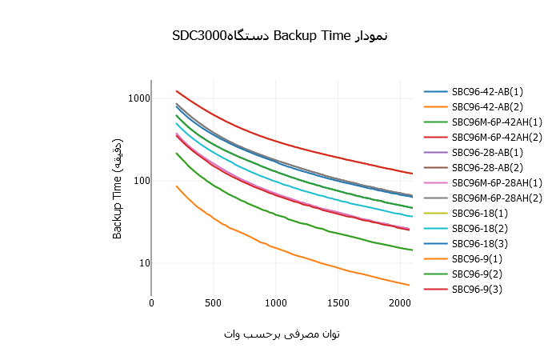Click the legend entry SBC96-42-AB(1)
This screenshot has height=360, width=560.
(x=487, y=92)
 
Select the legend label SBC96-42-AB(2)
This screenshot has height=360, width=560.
(x=487, y=106)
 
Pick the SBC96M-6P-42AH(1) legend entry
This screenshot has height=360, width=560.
(x=497, y=122)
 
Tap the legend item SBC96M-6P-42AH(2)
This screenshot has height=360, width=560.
(x=497, y=137)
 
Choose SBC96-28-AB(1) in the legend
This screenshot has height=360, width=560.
(x=487, y=153)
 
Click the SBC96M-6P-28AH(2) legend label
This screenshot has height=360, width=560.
(x=497, y=198)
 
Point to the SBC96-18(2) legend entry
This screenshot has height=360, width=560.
(x=480, y=228)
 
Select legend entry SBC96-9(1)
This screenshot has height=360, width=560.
(x=477, y=258)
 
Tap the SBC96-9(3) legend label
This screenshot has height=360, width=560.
(x=477, y=289)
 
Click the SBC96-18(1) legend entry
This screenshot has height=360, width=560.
(x=480, y=214)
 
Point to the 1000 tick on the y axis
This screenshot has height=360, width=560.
(x=138, y=98)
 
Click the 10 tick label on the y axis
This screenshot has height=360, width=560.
(x=144, y=263)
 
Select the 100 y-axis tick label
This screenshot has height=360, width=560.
(x=142, y=181)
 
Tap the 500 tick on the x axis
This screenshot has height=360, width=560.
(x=214, y=303)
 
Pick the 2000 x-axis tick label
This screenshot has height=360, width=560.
(x=400, y=303)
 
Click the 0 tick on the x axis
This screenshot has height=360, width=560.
(x=151, y=303)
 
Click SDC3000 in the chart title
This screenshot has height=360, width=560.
(x=199, y=36)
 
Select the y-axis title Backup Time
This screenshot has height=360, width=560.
(x=117, y=206)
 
